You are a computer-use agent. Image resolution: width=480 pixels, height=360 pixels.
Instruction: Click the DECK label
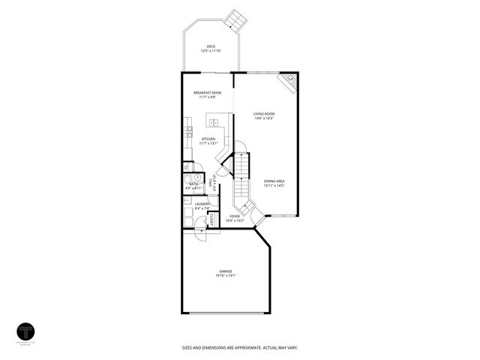tap(211, 46)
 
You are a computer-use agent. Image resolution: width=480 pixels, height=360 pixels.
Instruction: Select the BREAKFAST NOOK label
tap(208, 92)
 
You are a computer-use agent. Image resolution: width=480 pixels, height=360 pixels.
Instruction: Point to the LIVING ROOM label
tap(263, 114)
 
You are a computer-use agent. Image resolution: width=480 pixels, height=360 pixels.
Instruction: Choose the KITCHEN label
tap(208, 139)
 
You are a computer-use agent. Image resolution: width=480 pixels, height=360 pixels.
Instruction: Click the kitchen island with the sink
tap(214, 122)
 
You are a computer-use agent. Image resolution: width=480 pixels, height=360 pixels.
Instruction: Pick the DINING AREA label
tap(274, 181)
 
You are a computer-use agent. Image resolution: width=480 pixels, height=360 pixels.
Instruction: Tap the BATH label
tap(193, 184)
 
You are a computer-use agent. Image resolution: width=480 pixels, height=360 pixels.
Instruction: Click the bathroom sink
tap(186, 167)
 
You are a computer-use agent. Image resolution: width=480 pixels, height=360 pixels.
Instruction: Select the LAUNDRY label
tap(202, 204)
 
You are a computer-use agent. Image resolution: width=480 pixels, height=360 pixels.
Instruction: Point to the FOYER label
tap(235, 217)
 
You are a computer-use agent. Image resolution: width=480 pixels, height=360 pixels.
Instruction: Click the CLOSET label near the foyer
tap(211, 220)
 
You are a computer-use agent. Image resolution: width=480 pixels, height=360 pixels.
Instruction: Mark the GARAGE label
tap(225, 271)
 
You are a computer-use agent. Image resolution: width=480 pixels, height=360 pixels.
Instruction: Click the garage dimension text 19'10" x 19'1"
tap(225, 275)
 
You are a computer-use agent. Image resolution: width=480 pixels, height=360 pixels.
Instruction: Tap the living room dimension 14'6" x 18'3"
tap(263, 118)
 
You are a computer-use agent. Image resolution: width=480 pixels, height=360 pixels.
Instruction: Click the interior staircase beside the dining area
tap(241, 180)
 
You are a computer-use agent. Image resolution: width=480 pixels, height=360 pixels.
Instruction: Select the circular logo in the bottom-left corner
tap(27, 331)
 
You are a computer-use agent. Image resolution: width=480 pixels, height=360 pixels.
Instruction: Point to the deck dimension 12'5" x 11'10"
tap(211, 50)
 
